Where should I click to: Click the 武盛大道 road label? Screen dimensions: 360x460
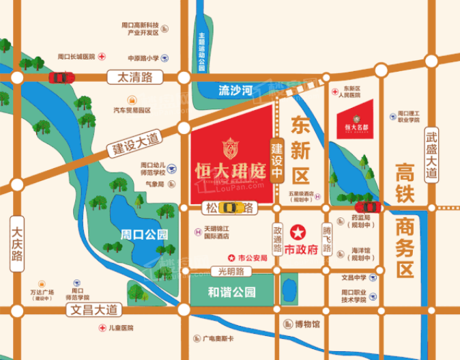click(431, 154)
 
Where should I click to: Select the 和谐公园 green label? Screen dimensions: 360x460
click(232, 292)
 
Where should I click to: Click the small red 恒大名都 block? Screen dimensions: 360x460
click(356, 118)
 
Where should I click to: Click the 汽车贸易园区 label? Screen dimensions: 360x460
click(132, 110)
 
